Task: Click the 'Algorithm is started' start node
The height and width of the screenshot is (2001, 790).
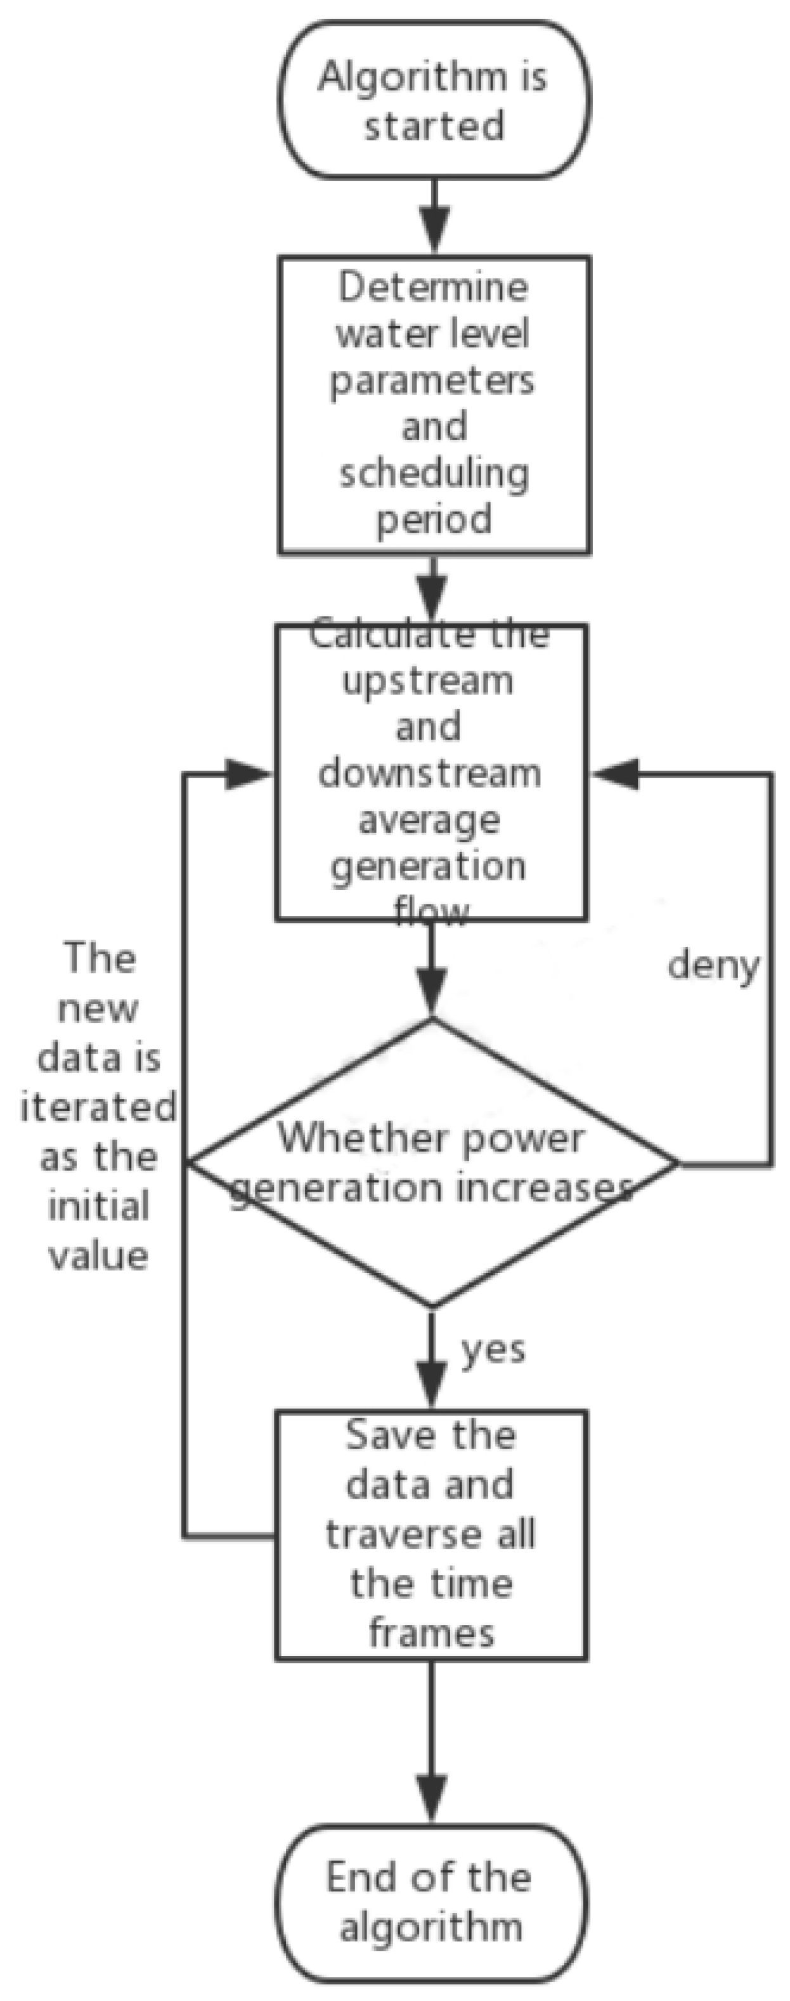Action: click(434, 100)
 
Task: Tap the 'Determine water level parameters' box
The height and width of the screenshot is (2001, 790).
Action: click(434, 404)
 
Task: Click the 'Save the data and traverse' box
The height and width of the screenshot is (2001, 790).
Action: click(431, 1535)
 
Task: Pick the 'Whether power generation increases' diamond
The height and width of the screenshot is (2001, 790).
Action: click(432, 1163)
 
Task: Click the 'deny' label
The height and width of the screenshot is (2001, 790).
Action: click(713, 965)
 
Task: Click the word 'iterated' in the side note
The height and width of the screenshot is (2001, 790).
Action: click(98, 1107)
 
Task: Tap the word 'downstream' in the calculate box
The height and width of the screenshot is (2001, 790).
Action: click(430, 774)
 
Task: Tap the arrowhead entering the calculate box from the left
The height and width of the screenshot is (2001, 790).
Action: click(247, 774)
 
